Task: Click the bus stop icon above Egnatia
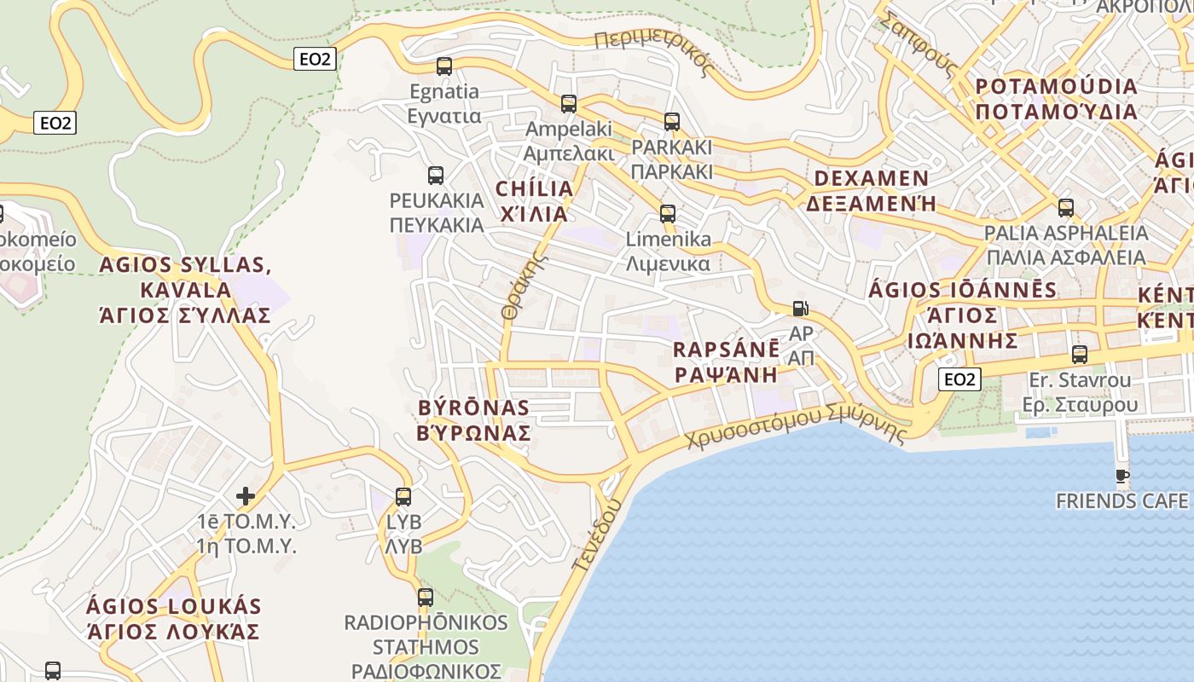click(x=443, y=66)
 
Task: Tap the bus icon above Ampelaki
click(x=569, y=104)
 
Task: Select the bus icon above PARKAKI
click(x=672, y=122)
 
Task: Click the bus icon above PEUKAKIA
click(x=436, y=176)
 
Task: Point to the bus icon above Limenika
click(x=668, y=213)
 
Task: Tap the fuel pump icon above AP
click(x=800, y=309)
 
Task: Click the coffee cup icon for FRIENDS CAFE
click(x=1122, y=476)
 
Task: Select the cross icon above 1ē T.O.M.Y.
click(x=246, y=495)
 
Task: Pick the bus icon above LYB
click(x=403, y=496)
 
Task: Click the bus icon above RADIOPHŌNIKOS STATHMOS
click(x=426, y=598)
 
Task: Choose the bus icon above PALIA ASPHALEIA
click(x=1066, y=207)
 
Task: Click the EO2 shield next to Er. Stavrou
click(x=959, y=379)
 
